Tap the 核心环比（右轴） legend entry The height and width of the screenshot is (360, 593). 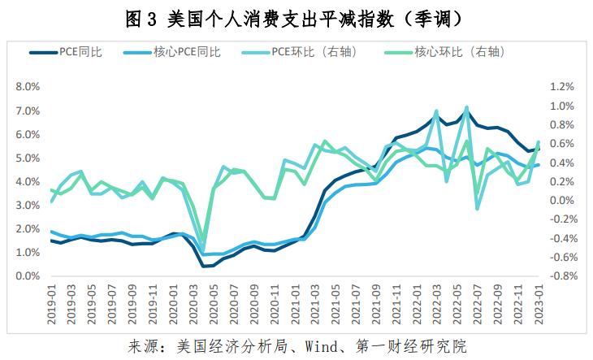[460, 52]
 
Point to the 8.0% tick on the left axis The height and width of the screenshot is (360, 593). [28, 86]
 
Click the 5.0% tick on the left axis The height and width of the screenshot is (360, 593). [28, 158]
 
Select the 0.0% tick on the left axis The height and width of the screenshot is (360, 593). [28, 277]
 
